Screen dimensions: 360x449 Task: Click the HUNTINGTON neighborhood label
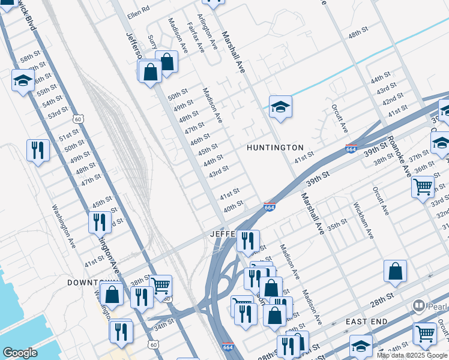(x=275, y=148)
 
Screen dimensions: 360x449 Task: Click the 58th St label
(x=29, y=59)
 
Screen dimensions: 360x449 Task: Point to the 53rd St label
(x=58, y=113)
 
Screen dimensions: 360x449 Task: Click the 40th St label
(x=233, y=206)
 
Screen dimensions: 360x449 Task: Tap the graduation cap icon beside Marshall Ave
(x=280, y=107)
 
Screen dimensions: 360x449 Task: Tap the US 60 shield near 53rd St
(x=78, y=119)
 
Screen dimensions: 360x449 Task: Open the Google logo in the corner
(x=20, y=353)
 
